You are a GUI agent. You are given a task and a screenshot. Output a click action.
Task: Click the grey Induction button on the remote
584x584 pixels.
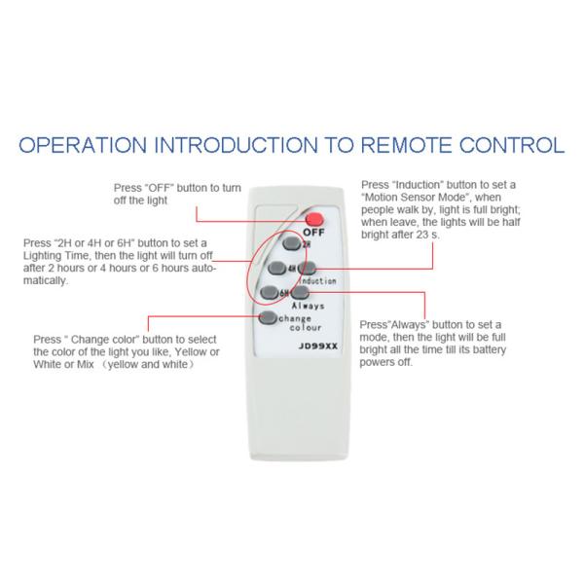pos(306,268)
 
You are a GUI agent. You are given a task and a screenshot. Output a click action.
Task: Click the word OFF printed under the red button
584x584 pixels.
pos(313,233)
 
